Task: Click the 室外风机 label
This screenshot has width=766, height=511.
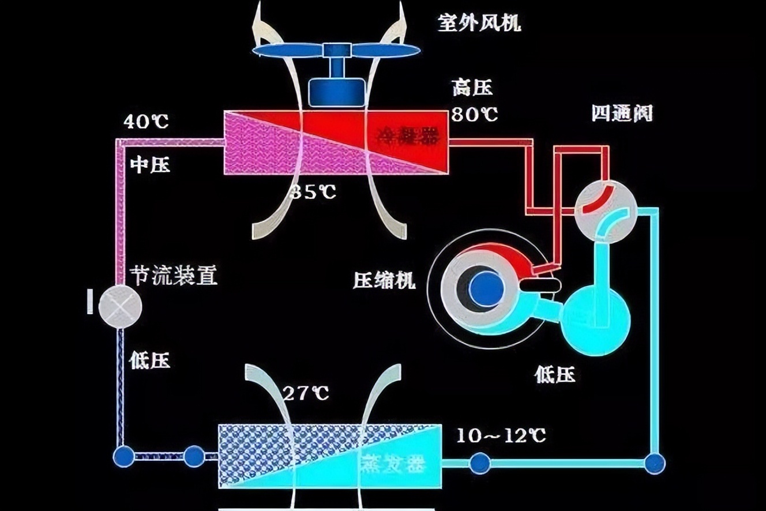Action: click(x=479, y=24)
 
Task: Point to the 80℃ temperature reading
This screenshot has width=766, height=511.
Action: click(x=474, y=115)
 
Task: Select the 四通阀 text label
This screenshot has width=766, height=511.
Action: click(x=622, y=113)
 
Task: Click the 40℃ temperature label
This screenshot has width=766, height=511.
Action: click(x=145, y=122)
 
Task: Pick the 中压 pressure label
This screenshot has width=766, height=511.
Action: click(x=150, y=166)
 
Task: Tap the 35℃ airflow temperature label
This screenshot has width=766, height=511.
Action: click(x=313, y=192)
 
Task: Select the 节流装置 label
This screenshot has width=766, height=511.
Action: click(x=174, y=276)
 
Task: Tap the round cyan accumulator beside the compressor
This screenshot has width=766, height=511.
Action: click(x=596, y=313)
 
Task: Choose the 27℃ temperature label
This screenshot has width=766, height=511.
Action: click(x=305, y=393)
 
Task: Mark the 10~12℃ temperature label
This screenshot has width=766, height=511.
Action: click(x=501, y=435)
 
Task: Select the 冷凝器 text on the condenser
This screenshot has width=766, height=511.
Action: click(x=407, y=136)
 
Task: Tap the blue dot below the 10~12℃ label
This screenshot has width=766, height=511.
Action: click(x=480, y=463)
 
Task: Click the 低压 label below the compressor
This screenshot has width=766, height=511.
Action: click(x=555, y=375)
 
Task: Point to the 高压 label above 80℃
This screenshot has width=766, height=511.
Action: click(x=472, y=88)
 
